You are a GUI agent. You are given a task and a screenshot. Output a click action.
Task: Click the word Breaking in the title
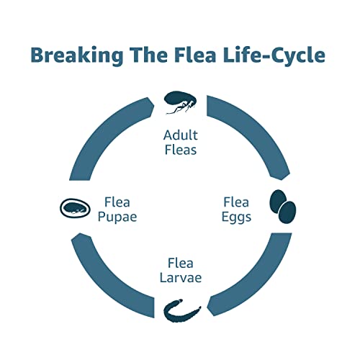77,55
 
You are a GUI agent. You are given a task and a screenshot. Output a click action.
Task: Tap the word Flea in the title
195,55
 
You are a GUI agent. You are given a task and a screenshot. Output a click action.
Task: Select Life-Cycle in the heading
274,55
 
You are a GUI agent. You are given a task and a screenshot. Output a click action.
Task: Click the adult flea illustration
180,102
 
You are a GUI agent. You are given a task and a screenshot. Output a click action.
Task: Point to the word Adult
181,135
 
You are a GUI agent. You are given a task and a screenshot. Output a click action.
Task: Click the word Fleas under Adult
181,150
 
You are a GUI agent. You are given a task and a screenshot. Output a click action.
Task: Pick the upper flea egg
279,201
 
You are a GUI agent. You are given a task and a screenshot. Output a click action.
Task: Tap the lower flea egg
287,212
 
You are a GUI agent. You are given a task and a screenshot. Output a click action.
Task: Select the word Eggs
236,217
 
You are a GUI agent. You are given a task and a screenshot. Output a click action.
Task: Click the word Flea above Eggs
236,202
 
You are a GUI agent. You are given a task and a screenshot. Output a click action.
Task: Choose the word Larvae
181,278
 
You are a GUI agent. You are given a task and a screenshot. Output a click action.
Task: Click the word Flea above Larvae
181,263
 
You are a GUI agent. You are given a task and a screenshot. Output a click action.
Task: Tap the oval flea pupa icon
75,208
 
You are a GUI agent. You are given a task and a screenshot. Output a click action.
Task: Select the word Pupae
117,217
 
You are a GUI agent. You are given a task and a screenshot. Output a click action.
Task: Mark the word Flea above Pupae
117,202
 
